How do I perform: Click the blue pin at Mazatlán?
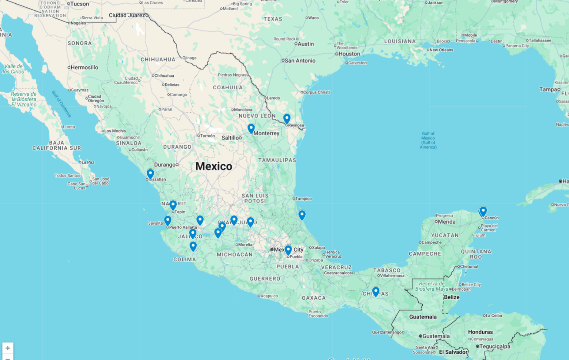150,174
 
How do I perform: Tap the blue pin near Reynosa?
287,118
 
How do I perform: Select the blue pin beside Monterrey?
251,128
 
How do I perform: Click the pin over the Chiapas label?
376,291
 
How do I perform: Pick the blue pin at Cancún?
483,211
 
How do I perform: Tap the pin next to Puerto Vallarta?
167,221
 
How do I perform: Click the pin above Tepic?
173,205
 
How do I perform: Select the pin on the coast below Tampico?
302,215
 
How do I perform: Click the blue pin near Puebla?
288,250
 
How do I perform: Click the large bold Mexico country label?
214,166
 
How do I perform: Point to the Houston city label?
349,54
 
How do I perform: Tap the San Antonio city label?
300,60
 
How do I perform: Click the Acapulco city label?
269,296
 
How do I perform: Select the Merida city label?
447,222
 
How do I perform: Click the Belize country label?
452,297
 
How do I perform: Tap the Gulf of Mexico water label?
428,140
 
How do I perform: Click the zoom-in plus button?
8,348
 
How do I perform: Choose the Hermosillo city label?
84,67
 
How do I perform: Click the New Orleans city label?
441,50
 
